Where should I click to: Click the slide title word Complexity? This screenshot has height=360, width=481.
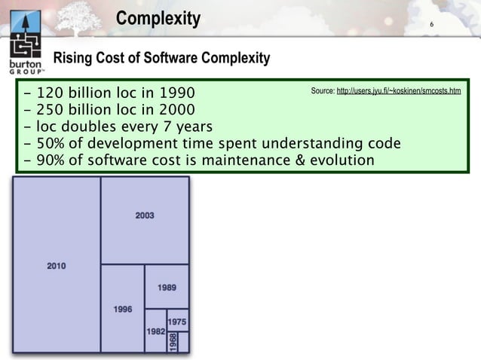(158, 18)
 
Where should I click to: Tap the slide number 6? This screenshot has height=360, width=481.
(430, 27)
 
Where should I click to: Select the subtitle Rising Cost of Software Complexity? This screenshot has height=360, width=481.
(160, 59)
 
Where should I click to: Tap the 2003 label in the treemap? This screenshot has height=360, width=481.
(145, 215)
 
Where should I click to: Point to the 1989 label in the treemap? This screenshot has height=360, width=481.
(167, 288)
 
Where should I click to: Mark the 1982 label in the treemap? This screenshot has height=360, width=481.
(155, 331)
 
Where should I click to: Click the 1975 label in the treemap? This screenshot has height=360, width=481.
(178, 322)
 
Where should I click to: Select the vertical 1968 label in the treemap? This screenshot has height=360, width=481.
(173, 342)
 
